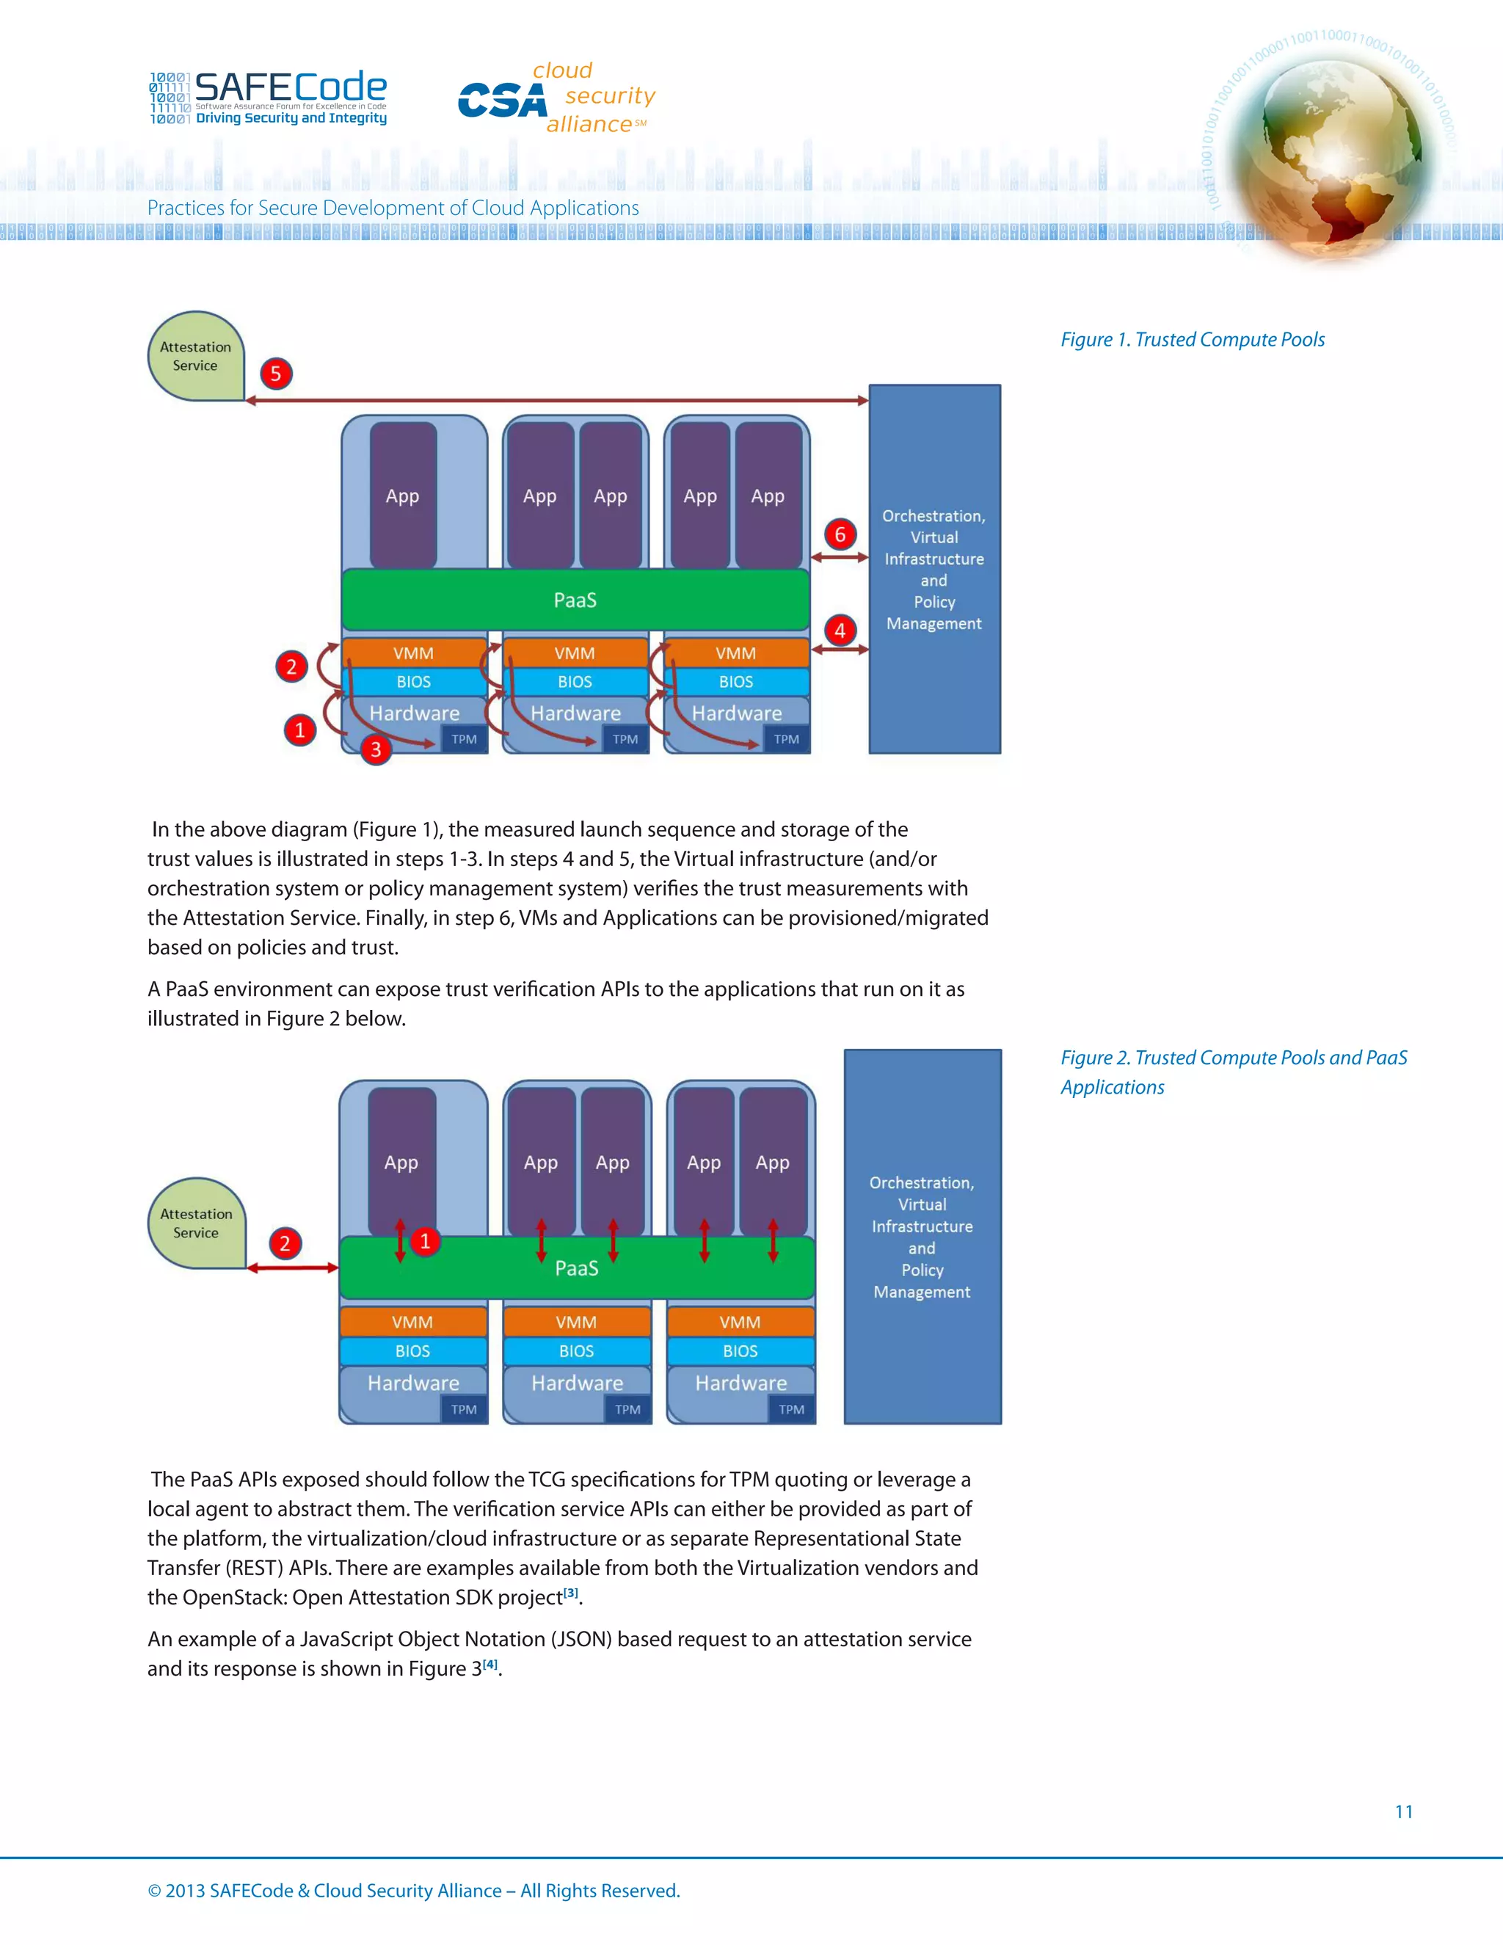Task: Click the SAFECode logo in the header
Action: [268, 97]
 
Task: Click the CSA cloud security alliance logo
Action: [556, 98]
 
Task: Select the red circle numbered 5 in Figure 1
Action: [276, 373]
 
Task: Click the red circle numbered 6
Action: [840, 534]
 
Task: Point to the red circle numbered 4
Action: [840, 630]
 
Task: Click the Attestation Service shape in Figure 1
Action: [196, 356]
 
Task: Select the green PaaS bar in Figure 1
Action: [575, 600]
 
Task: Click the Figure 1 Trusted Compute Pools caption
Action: [1191, 339]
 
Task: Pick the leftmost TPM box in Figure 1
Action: [464, 739]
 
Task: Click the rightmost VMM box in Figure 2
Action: [740, 1323]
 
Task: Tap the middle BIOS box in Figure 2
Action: [576, 1351]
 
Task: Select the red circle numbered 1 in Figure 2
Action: [426, 1241]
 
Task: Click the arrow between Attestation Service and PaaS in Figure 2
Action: [293, 1268]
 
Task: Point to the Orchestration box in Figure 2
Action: [922, 1236]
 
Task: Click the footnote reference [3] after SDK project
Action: [571, 1593]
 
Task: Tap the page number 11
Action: [1403, 1811]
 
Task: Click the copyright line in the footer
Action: [413, 1891]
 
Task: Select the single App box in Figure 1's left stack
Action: [402, 495]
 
